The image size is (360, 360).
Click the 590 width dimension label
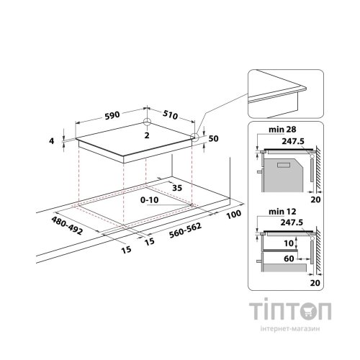tap(112, 115)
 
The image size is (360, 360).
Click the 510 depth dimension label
tap(171, 115)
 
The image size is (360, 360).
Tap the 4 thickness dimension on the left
tap(52, 141)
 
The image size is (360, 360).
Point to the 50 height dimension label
tap(213, 139)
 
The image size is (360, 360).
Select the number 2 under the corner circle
tap(147, 135)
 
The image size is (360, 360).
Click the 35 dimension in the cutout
tap(177, 188)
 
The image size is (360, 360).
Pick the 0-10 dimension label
tap(149, 199)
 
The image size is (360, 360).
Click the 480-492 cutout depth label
tap(67, 225)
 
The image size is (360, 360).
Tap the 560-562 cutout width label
tap(185, 230)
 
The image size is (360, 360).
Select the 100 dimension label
tap(234, 215)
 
